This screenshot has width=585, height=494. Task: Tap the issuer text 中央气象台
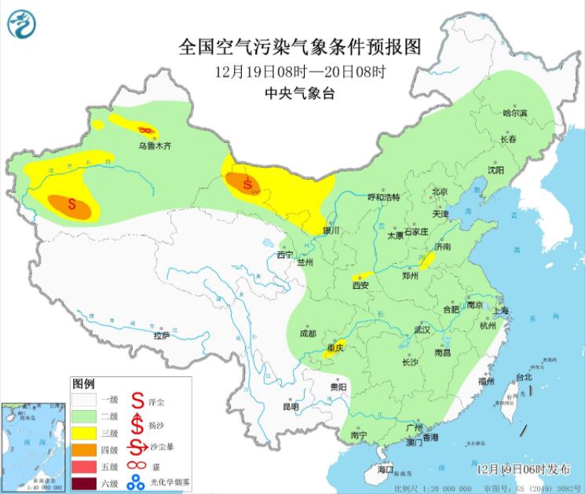click(x=300, y=92)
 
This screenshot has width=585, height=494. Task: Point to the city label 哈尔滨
click(x=515, y=113)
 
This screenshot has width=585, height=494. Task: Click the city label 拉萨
click(x=162, y=335)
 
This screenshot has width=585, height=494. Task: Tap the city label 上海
click(x=500, y=310)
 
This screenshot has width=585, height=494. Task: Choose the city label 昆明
click(x=291, y=407)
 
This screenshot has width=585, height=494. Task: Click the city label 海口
click(x=385, y=469)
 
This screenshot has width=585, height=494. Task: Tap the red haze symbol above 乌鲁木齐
click(x=144, y=130)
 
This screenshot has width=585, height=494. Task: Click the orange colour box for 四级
click(x=83, y=450)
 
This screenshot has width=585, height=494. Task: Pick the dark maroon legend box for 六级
click(x=83, y=483)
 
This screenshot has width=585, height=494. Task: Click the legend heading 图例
click(x=83, y=385)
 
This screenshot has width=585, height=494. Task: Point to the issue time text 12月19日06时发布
click(x=524, y=469)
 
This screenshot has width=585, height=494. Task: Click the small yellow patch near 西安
click(x=361, y=277)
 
